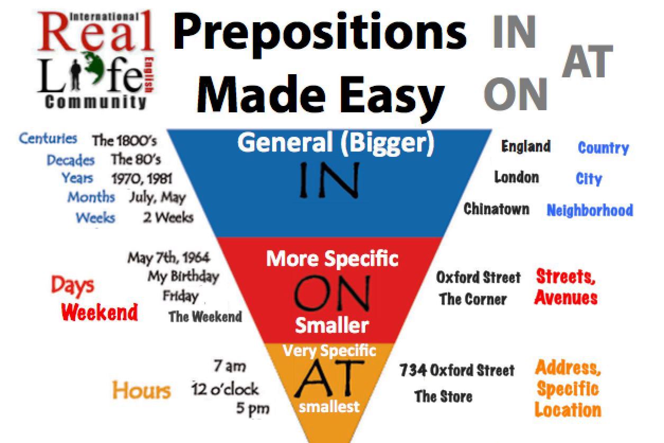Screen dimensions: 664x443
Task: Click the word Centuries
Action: [x=48, y=138]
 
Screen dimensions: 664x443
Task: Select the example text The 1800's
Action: [x=124, y=140]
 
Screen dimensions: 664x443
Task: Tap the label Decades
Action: [x=70, y=160]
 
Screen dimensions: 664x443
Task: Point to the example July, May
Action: [x=157, y=198]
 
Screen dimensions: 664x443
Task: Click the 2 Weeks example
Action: [x=168, y=217]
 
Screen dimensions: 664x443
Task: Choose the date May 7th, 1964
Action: [x=169, y=258]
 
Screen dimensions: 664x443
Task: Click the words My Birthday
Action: [x=184, y=277]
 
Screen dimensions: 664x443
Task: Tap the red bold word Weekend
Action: [x=100, y=312]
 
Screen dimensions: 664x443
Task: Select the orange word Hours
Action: [x=141, y=390]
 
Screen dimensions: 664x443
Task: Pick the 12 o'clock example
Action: [x=225, y=389]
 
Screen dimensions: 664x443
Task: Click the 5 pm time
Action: [x=253, y=409]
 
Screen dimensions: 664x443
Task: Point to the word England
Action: [x=526, y=146]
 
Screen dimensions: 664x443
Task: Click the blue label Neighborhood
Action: [x=590, y=210]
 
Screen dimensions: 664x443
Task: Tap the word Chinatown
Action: [x=497, y=209]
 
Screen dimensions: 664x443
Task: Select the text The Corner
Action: [x=473, y=299]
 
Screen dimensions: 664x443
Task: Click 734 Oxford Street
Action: [x=457, y=370]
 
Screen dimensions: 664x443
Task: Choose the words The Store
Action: [x=443, y=396]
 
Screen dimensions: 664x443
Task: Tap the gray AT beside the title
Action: [x=587, y=61]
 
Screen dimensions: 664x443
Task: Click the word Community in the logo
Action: [x=96, y=102]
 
